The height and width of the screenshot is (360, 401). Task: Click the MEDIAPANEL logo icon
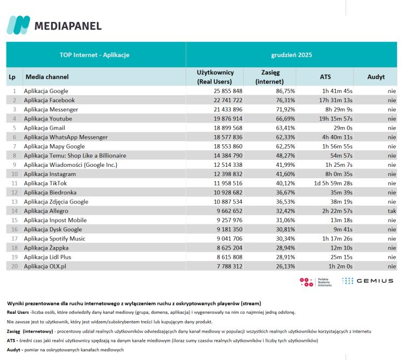tap(18, 25)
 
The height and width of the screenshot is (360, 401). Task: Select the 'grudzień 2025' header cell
tap(291, 54)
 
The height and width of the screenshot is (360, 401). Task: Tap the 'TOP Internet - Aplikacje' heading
tap(94, 54)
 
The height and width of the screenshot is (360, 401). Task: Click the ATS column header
tap(325, 77)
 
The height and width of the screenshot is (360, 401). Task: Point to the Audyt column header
tap(376, 77)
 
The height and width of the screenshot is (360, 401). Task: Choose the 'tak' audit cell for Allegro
tap(391, 211)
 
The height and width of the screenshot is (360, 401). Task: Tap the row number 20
tap(14, 266)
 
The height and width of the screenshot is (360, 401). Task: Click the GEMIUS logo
tap(368, 281)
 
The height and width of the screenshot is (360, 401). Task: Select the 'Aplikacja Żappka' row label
tap(46, 248)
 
